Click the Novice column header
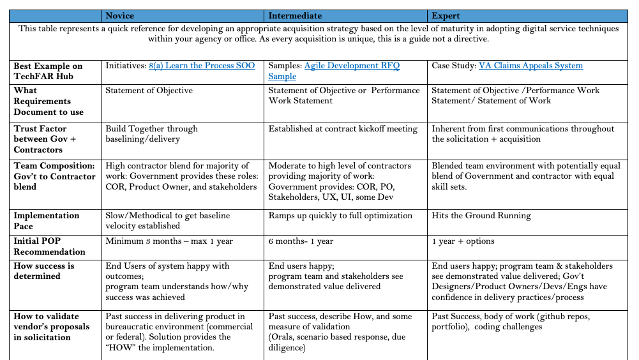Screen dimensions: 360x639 [119, 15]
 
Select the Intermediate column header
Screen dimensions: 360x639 [295, 15]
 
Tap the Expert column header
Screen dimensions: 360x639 [446, 15]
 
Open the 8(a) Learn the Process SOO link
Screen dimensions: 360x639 [202, 66]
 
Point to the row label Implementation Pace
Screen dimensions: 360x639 [47, 220]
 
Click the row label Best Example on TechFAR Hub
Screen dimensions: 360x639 [49, 71]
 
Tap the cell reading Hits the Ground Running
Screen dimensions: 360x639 [481, 216]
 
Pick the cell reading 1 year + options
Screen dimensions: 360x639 [463, 241]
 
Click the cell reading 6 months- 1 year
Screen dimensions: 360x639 [301, 241]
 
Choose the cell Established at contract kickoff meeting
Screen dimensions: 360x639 [343, 129]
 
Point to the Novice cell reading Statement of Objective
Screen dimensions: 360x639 [149, 91]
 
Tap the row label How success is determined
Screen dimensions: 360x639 [44, 271]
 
